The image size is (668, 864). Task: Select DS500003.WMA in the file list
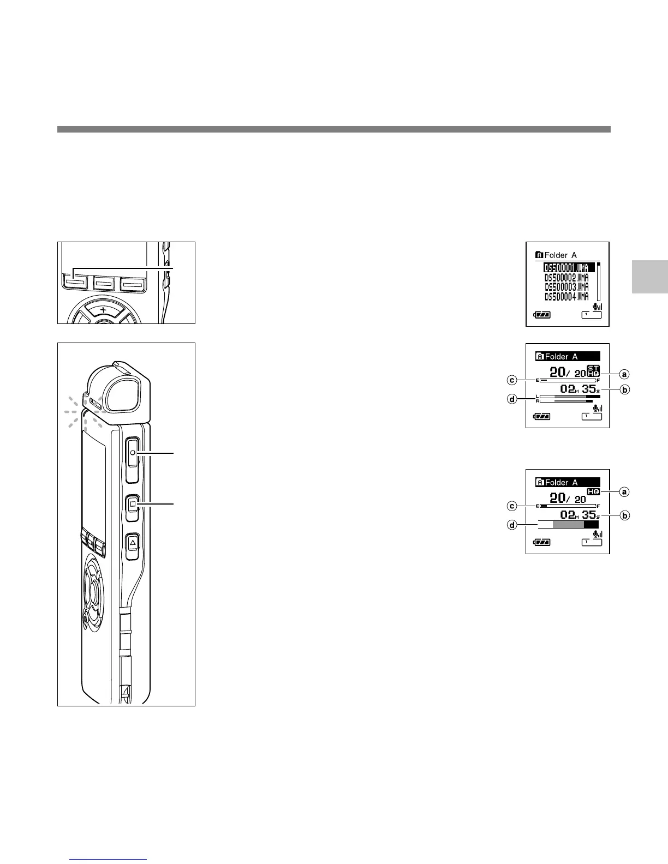tap(566, 287)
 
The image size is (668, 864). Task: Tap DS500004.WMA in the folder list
tap(566, 296)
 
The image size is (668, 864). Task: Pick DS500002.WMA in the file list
tap(566, 278)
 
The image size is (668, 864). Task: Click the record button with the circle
tap(132, 453)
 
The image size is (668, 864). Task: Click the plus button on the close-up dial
tap(103, 309)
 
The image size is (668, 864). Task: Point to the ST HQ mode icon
tap(593, 370)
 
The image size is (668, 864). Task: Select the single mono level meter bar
tap(568, 524)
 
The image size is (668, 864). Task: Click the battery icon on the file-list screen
tap(542, 315)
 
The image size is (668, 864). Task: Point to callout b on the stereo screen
tap(625, 390)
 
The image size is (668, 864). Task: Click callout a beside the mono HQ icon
tap(625, 491)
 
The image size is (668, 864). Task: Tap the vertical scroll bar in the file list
tap(598, 281)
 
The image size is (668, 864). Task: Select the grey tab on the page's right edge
tap(650, 277)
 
